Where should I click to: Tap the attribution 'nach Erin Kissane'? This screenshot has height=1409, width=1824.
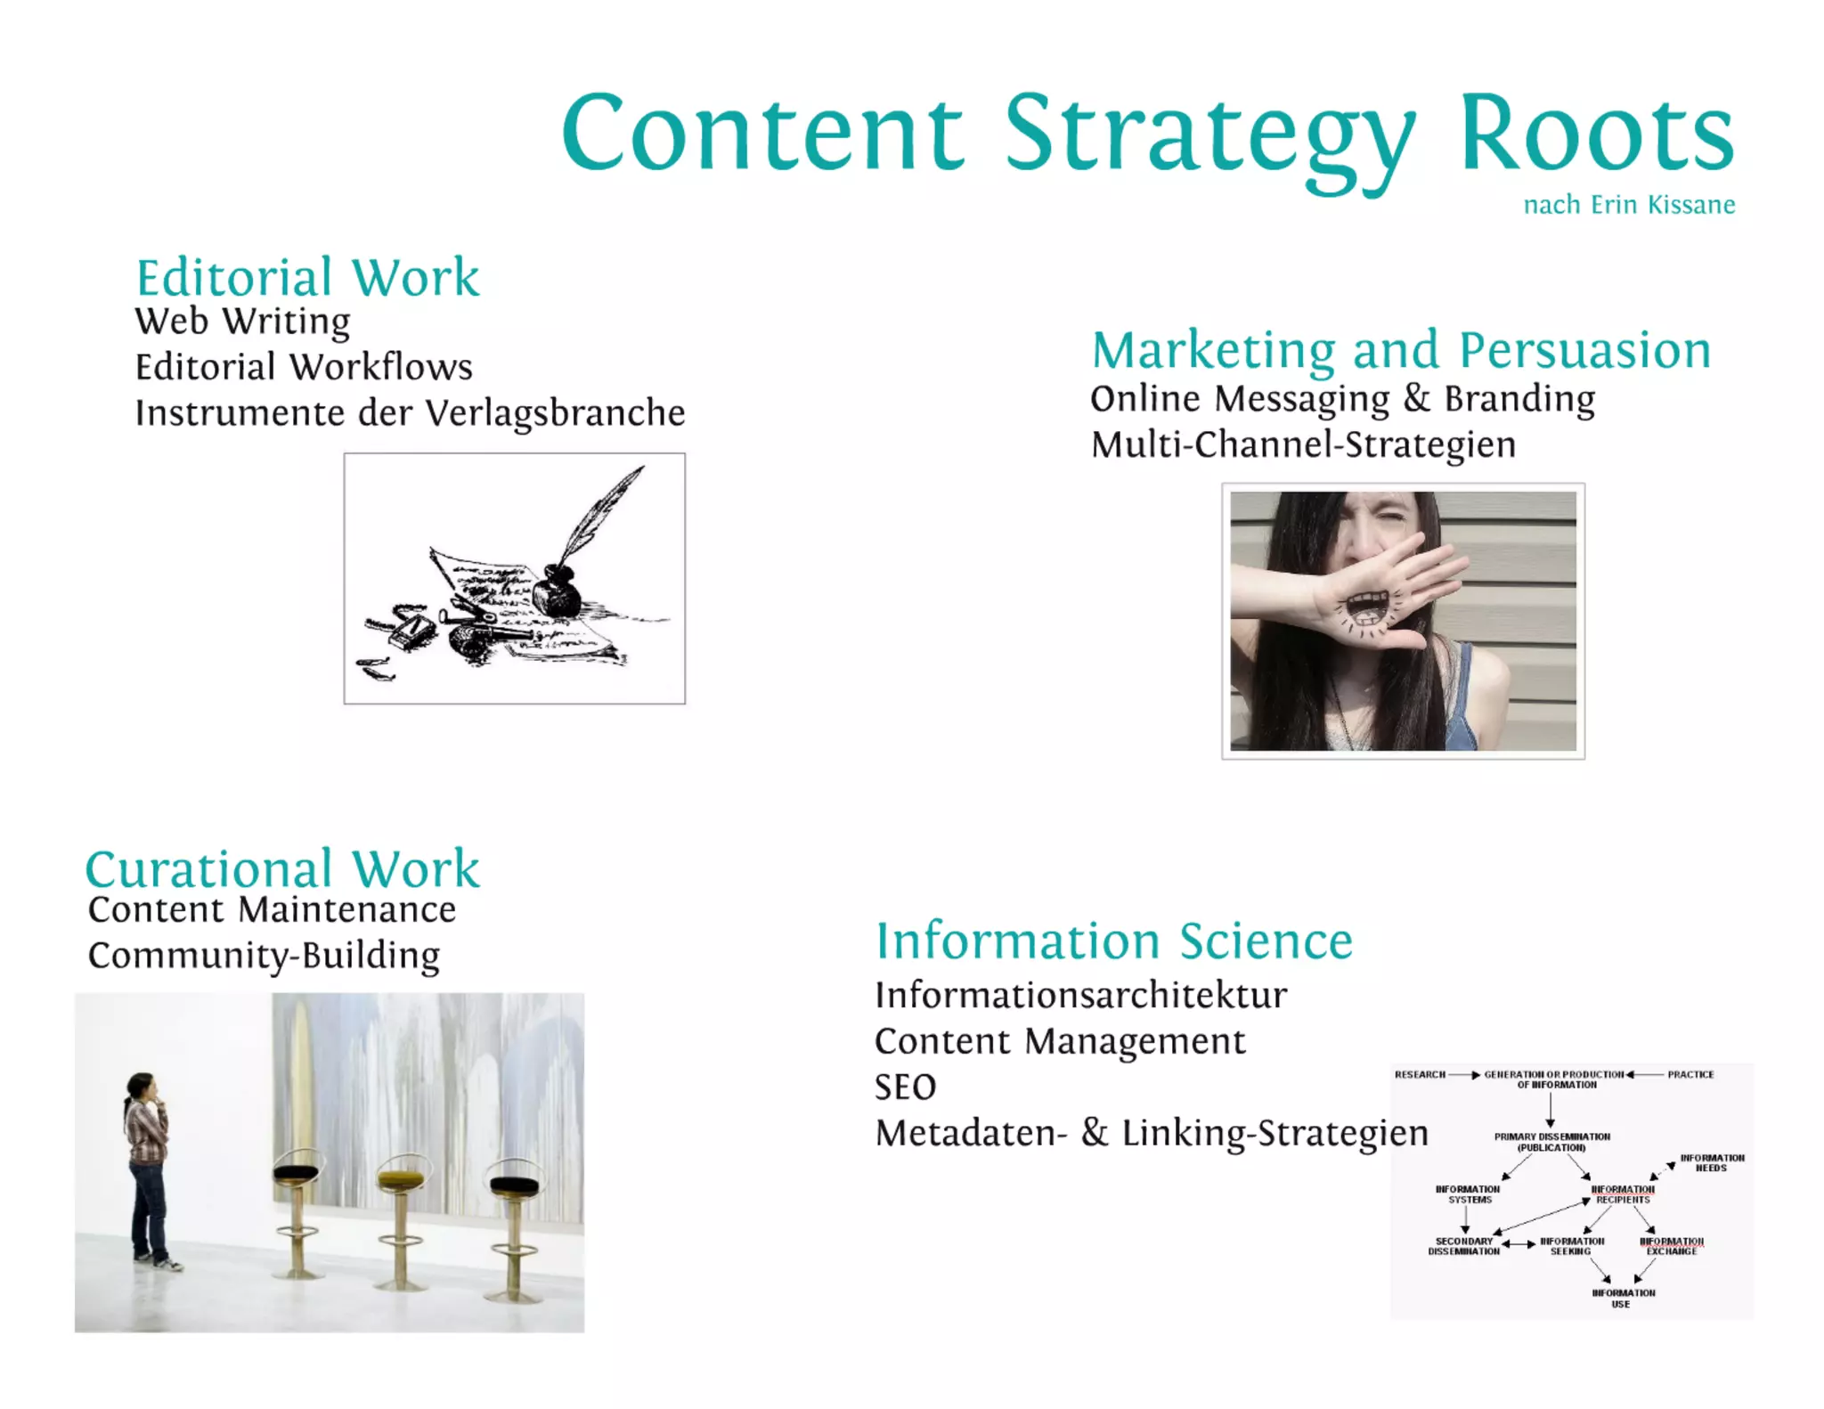click(1629, 205)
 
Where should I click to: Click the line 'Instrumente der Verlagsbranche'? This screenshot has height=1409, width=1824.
click(410, 413)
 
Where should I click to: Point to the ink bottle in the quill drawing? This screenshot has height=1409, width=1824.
click(557, 590)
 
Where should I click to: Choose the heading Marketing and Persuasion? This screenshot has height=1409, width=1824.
click(1401, 350)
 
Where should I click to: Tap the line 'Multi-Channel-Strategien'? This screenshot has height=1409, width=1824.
click(1303, 444)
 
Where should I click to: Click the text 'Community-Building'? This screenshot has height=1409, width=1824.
click(264, 956)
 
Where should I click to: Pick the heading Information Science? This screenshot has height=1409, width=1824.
click(1114, 941)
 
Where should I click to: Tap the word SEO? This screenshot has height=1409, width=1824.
click(906, 1087)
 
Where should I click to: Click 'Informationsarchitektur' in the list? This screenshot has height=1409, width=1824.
click(1081, 996)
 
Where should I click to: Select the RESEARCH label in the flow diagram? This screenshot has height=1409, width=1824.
click(1420, 1074)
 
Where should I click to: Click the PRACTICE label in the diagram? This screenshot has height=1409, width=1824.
click(1690, 1074)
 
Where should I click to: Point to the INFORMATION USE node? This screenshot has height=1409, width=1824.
click(1623, 1298)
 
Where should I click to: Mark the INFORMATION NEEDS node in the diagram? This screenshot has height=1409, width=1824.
click(1712, 1162)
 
